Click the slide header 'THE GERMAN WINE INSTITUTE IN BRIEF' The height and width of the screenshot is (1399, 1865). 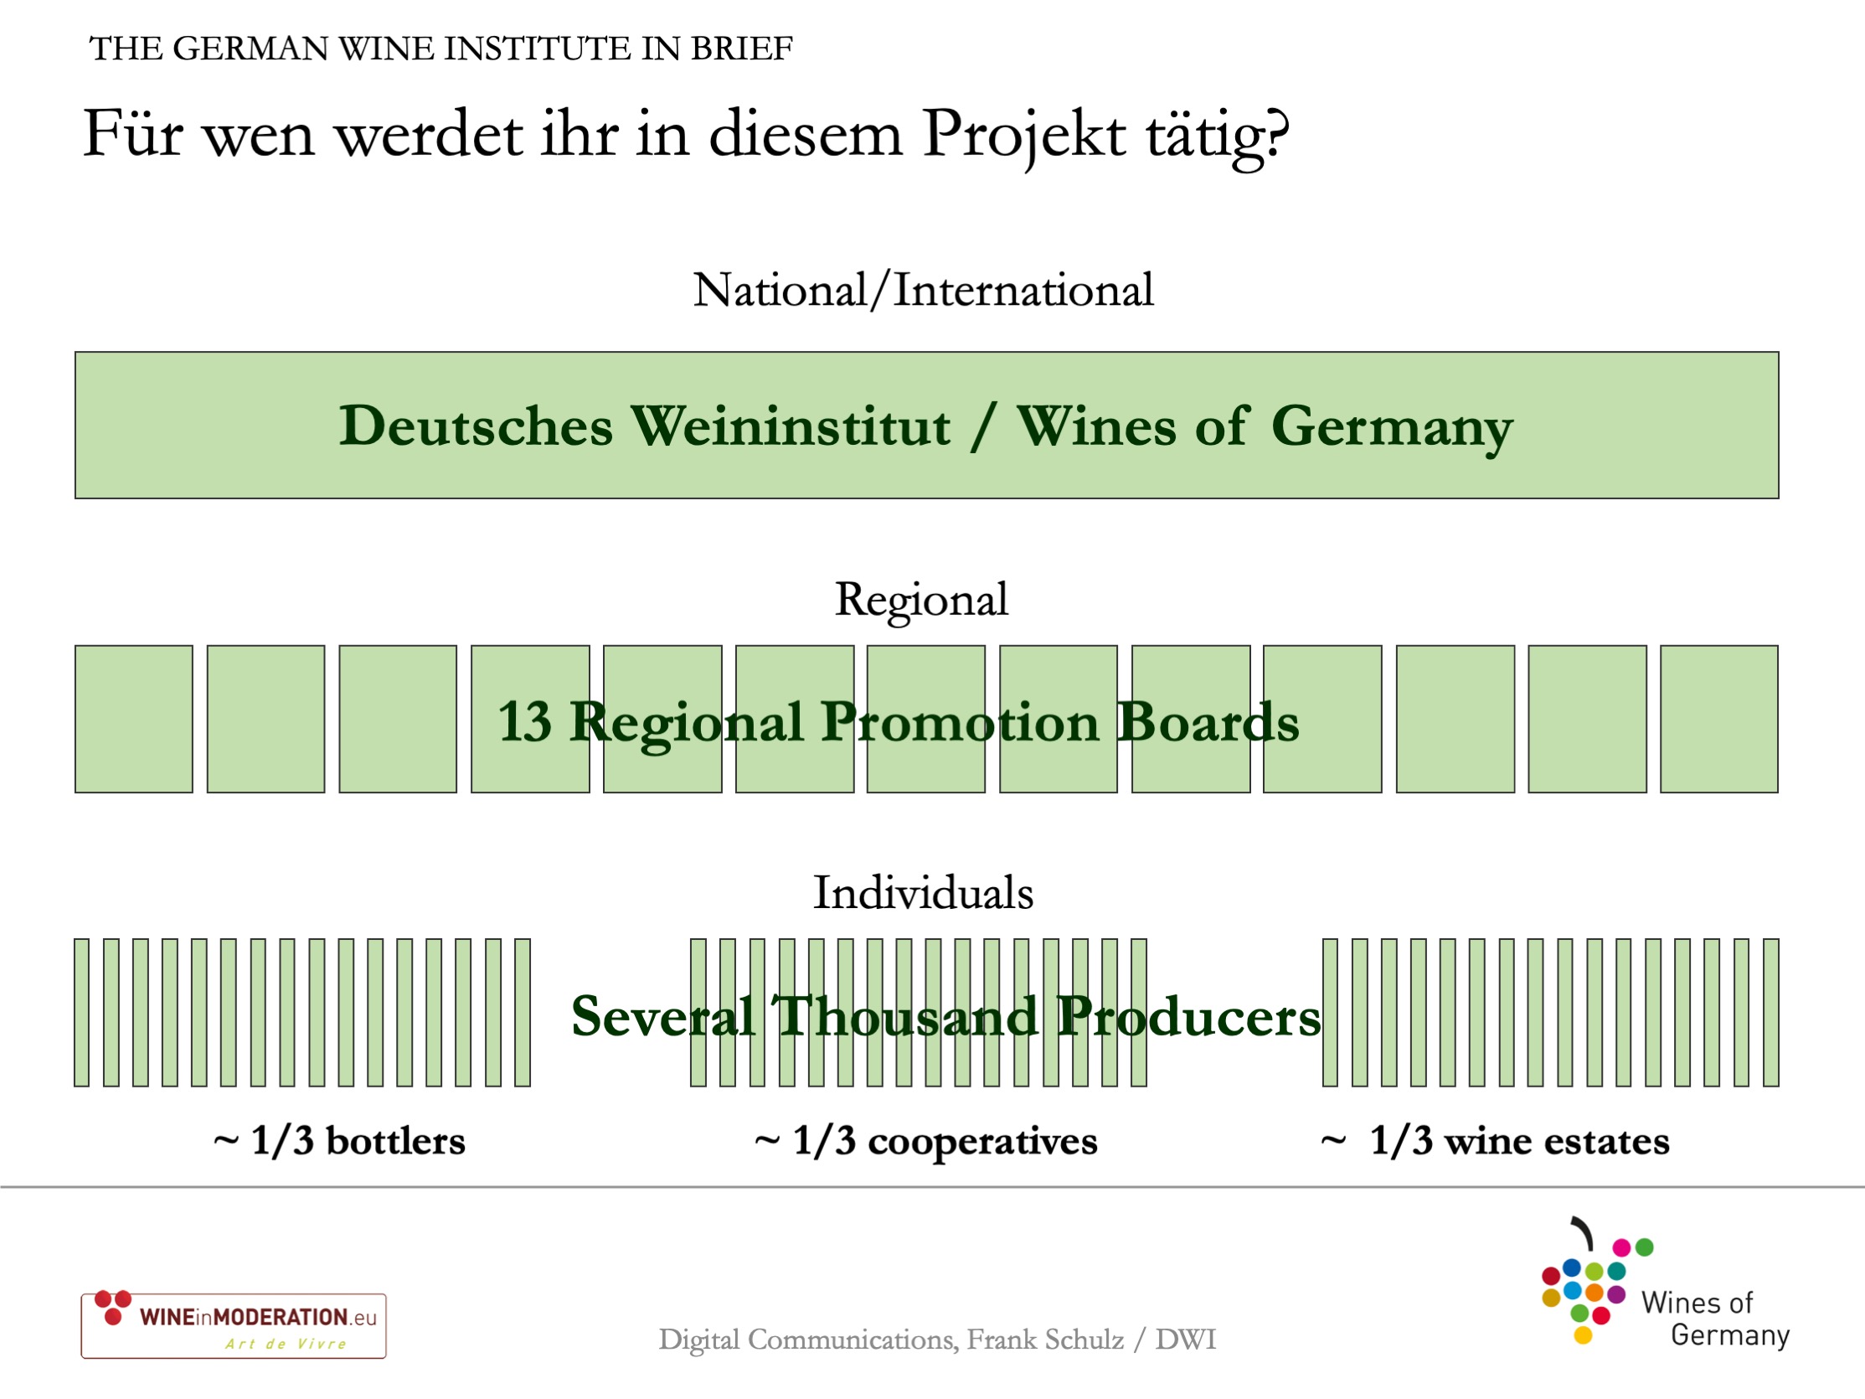coord(441,49)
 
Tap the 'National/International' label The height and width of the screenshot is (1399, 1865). coord(923,290)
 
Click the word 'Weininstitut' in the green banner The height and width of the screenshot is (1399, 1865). coord(791,426)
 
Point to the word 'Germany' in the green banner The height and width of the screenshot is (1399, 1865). coord(1392,428)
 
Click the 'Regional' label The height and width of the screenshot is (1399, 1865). coord(921,601)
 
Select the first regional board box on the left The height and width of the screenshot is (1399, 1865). coord(134,720)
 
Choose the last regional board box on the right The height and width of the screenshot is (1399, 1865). coord(1719,720)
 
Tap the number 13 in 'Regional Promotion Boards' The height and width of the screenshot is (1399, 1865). coord(525,723)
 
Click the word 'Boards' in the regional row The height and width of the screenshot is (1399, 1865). coord(1208,723)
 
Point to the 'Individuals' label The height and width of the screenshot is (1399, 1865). coord(923,893)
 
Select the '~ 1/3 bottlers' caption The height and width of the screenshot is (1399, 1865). coord(339,1141)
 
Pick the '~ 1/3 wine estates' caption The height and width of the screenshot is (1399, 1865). coord(1495,1141)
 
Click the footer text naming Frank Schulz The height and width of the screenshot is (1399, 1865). coord(938,1340)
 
